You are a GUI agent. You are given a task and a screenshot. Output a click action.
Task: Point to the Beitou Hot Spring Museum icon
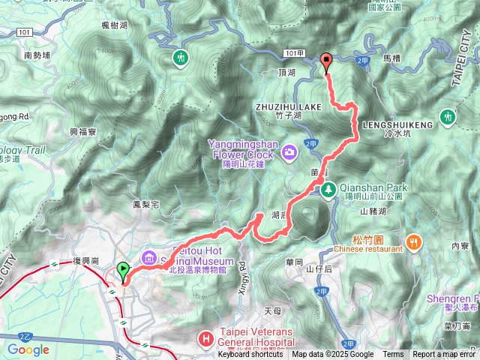point(148,259)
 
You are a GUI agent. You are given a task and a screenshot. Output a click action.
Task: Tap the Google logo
point(28,349)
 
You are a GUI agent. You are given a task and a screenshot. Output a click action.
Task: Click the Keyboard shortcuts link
point(251,355)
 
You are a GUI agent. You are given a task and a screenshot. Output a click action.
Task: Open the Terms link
point(393,355)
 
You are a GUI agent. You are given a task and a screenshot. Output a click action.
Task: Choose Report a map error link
point(445,355)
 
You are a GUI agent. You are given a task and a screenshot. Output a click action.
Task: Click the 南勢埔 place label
point(37,55)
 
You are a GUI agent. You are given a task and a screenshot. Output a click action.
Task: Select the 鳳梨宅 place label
point(146,204)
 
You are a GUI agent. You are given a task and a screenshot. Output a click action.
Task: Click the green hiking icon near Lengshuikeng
point(448,117)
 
